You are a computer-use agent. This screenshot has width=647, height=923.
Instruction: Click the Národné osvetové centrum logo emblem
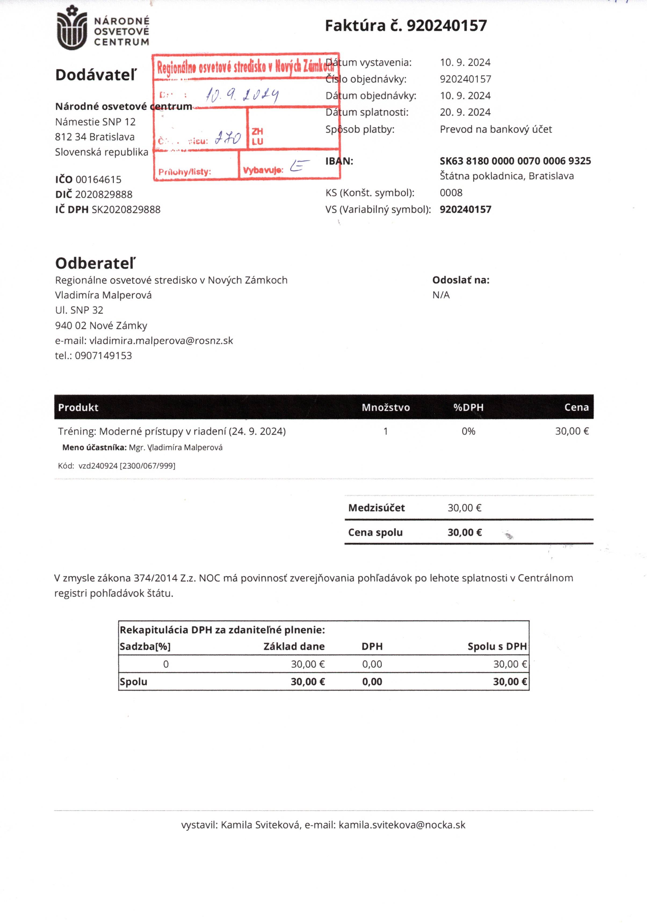click(x=72, y=28)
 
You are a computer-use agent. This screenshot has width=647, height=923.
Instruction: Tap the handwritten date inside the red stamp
click(x=242, y=95)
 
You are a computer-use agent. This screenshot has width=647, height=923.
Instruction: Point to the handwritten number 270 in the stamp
click(x=227, y=138)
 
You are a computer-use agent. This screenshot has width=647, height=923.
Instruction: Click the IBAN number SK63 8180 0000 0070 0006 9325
click(x=515, y=161)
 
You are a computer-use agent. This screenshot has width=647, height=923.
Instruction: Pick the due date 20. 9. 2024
click(x=465, y=112)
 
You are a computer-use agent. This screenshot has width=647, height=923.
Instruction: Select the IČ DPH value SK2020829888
click(x=126, y=209)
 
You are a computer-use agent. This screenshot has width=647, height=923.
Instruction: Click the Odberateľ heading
click(x=95, y=263)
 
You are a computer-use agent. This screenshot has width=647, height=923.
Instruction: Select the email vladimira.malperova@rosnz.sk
click(x=161, y=341)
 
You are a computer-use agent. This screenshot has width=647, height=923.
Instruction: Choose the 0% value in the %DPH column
click(x=468, y=431)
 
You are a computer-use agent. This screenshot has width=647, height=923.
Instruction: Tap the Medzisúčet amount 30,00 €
click(x=464, y=508)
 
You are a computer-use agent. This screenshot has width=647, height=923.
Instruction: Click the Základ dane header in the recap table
click(x=294, y=646)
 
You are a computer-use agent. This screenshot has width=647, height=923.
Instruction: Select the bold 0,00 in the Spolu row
click(x=372, y=682)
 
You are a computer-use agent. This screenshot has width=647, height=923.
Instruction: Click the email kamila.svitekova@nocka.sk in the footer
click(x=402, y=825)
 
